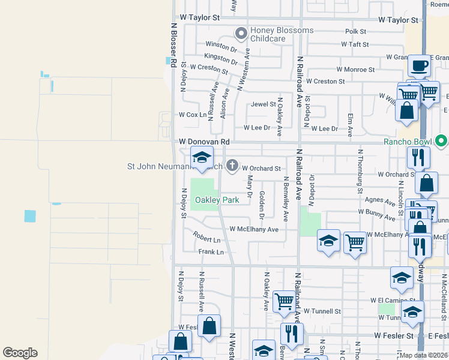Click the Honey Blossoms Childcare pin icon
pyautogui.click(x=241, y=34)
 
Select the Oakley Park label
pyautogui.click(x=216, y=200)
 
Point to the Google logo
pyautogui.click(x=20, y=353)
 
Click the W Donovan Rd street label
pyautogui.click(x=204, y=142)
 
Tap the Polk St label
pyautogui.click(x=356, y=31)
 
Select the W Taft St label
pyautogui.click(x=354, y=44)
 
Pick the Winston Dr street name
pyautogui.click(x=221, y=45)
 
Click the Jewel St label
pyautogui.click(x=263, y=104)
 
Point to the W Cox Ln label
pyautogui.click(x=193, y=115)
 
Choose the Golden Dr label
pyautogui.click(x=262, y=204)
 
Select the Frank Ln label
pyautogui.click(x=211, y=252)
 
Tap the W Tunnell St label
pyautogui.click(x=322, y=311)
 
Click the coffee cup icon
pyautogui.click(x=420, y=65)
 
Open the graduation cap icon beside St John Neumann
pyautogui.click(x=202, y=158)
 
